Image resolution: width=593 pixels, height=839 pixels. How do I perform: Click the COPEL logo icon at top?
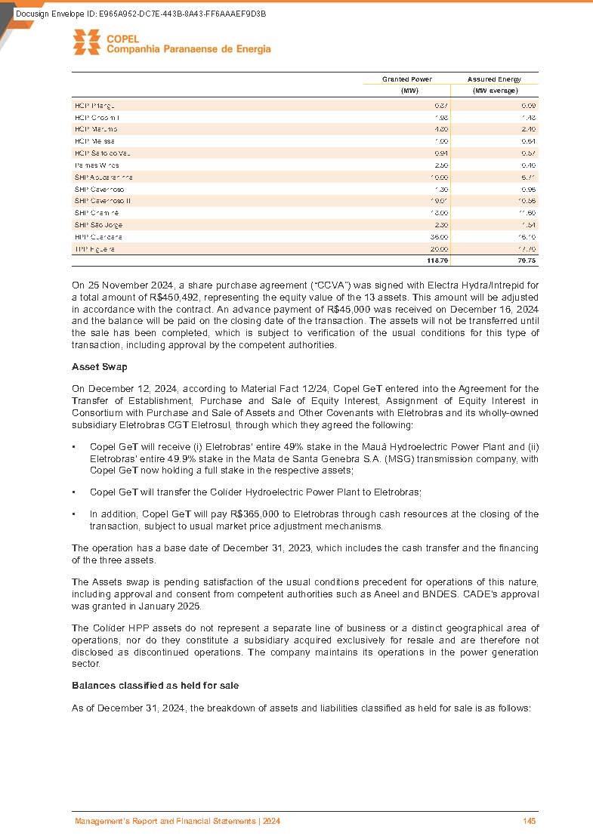tap(86, 42)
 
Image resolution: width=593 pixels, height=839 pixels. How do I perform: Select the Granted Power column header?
tap(406, 79)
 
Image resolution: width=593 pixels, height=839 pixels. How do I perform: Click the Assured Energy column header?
tap(494, 79)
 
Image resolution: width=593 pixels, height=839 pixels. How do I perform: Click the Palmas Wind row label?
tap(96, 165)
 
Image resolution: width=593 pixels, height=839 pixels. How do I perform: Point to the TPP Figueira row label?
tap(95, 248)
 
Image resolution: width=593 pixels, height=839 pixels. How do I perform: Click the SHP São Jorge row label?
tap(98, 225)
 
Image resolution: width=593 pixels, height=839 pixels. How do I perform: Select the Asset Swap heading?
tap(99, 367)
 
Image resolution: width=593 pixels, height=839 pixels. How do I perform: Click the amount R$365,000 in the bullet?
tap(270, 514)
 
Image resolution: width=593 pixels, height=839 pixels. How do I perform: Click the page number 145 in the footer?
tap(529, 821)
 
